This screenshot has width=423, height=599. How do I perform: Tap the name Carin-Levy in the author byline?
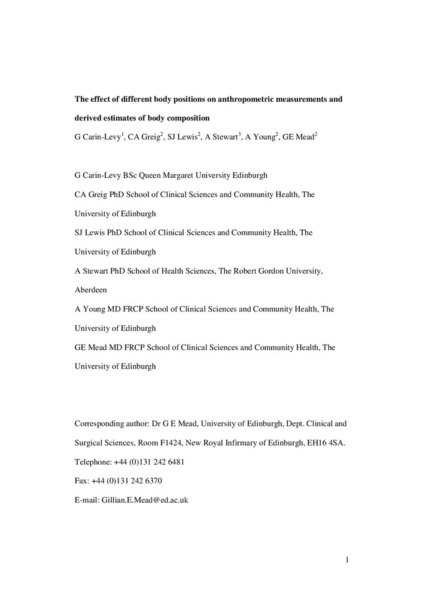[x=101, y=137]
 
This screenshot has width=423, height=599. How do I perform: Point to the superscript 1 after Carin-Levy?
[x=123, y=135]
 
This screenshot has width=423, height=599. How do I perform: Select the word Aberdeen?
[x=92, y=290]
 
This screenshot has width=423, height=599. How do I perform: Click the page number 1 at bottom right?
[x=346, y=560]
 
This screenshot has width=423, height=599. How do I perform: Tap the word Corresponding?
[x=98, y=423]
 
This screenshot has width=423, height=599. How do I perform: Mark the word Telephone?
[x=92, y=462]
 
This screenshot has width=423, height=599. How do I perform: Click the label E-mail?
[x=86, y=499]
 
